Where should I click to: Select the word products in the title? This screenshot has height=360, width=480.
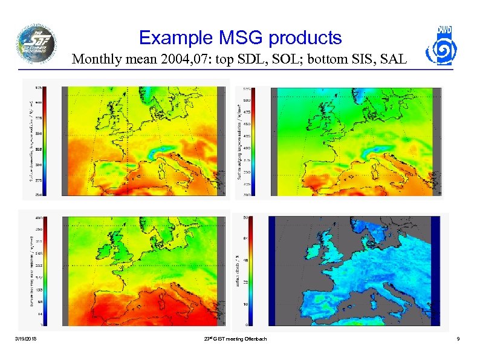point(305,38)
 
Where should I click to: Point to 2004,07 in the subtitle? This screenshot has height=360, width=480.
point(178,60)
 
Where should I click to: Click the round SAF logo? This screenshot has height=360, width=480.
point(36,44)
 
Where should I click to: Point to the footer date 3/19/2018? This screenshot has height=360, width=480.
point(26,339)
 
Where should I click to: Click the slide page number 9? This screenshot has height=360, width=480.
point(459,339)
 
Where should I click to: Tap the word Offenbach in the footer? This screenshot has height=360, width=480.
point(254,339)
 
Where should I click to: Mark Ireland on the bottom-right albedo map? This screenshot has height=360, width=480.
point(308,247)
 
